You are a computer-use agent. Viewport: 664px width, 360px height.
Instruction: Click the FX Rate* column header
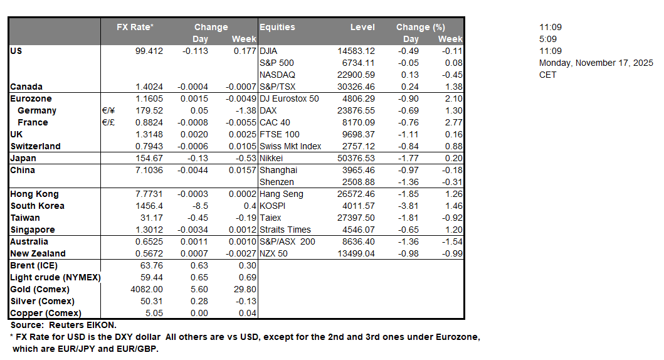(x=135, y=27)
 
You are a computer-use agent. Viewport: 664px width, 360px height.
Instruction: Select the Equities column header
(x=278, y=27)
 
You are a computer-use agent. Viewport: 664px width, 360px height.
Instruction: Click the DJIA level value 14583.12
(x=356, y=51)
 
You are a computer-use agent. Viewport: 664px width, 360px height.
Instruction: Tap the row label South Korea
(x=37, y=206)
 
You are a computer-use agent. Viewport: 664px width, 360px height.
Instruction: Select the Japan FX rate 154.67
(x=150, y=158)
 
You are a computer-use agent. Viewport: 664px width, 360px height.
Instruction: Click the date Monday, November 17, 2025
(x=596, y=63)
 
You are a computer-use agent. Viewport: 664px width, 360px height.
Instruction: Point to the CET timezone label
(x=547, y=75)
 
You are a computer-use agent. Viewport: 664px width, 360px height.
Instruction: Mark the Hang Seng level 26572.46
(x=356, y=194)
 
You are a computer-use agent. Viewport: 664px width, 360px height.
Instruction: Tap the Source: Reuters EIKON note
(x=63, y=325)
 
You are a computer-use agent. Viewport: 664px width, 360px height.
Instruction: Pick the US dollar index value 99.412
(x=149, y=51)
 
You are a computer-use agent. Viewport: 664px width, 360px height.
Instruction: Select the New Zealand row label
(x=38, y=253)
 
